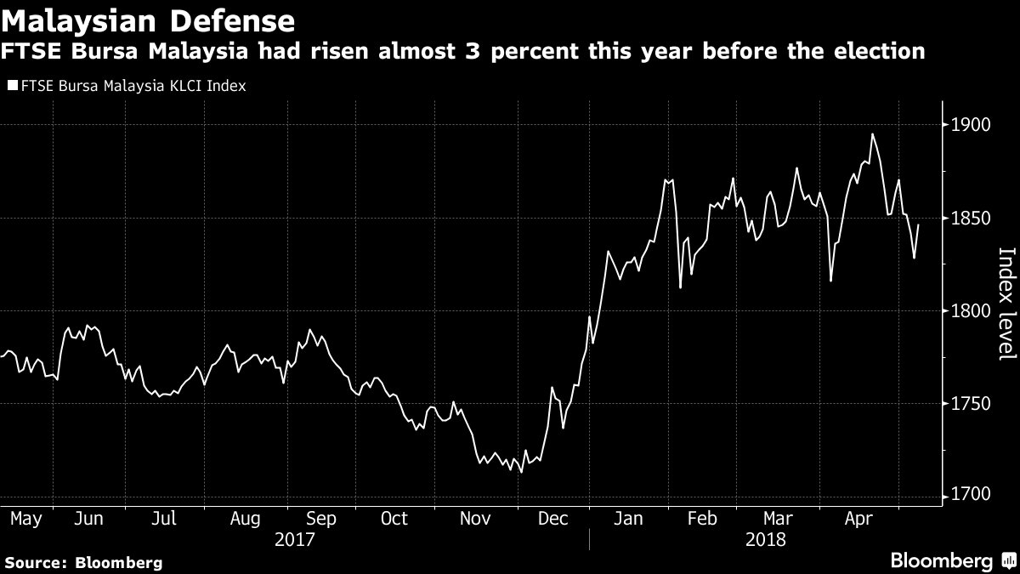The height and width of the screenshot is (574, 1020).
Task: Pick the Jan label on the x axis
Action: pos(628,518)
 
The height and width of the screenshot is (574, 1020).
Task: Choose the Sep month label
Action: pos(320,518)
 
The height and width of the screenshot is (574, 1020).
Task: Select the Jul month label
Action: pos(165,518)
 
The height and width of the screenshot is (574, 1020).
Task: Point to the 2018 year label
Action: pos(765,539)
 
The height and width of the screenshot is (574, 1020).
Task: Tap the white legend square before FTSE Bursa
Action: pos(12,86)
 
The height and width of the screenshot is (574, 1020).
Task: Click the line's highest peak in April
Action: pos(872,134)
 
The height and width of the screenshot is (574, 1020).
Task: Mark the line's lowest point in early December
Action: pos(520,471)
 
